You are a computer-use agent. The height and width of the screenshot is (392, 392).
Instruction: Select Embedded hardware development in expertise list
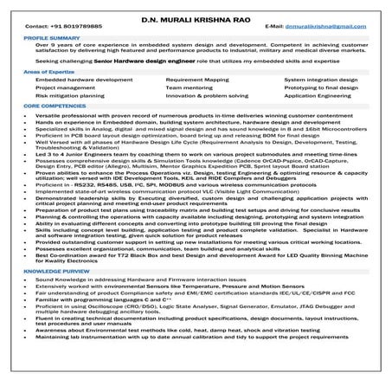pos(84,79)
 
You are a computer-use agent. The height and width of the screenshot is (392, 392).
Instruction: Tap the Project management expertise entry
pos(65,87)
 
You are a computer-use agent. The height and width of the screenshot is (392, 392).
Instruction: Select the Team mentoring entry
pos(189,87)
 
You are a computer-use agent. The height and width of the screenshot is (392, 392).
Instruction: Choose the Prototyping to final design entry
pos(320,87)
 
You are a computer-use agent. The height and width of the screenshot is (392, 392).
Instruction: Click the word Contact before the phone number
pos(34,28)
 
